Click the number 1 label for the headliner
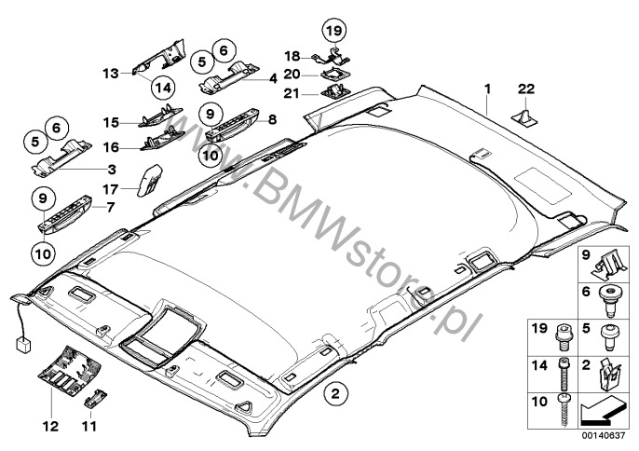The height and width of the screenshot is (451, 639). point(486,89)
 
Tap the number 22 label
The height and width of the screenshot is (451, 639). point(526,89)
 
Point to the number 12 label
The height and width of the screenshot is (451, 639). point(50,427)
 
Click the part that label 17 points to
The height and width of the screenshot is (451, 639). point(150,177)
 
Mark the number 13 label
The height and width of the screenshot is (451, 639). point(111,72)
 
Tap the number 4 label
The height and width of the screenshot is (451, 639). point(273,79)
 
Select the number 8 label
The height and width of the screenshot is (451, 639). point(273,119)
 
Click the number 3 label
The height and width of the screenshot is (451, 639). point(112,169)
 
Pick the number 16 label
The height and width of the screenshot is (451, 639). point(111,146)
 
